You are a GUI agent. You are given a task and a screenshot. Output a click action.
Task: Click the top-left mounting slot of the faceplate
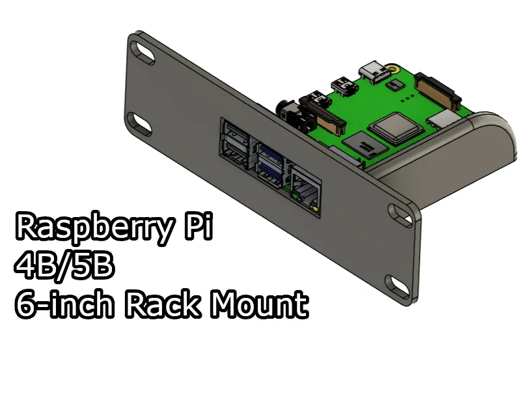pyautogui.click(x=141, y=50)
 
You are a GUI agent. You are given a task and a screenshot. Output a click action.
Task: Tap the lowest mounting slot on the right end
pyautogui.click(x=396, y=284)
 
